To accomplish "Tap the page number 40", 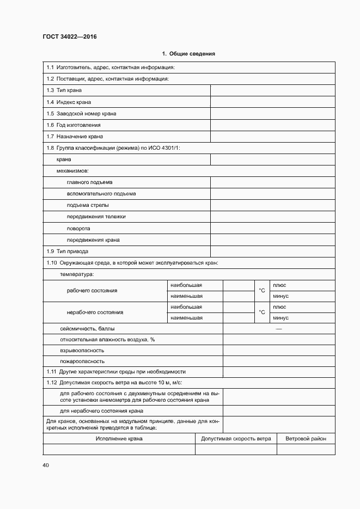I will [x=46, y=465].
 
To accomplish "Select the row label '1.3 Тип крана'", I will [x=64, y=90].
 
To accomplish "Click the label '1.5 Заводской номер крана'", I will [x=81, y=114].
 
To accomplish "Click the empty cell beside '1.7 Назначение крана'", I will [x=272, y=137].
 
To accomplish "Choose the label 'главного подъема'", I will [x=89, y=182].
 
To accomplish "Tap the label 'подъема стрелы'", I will [x=87, y=205].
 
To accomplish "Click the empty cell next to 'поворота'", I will [x=272, y=228].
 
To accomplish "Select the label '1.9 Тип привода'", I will [x=67, y=252].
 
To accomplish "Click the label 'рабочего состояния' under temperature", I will [x=92, y=291].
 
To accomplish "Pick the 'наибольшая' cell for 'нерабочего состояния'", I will [x=186, y=307].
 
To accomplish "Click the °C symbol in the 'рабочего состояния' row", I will [x=261, y=291].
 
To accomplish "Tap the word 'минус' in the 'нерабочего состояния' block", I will [x=280, y=318].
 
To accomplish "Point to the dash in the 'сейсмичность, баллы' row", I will [x=279, y=329].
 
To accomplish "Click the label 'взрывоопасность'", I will [x=82, y=351].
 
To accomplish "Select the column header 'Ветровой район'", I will [x=306, y=439].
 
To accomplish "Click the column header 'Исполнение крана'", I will [x=119, y=439].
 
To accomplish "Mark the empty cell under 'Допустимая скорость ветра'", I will [x=236, y=449].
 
